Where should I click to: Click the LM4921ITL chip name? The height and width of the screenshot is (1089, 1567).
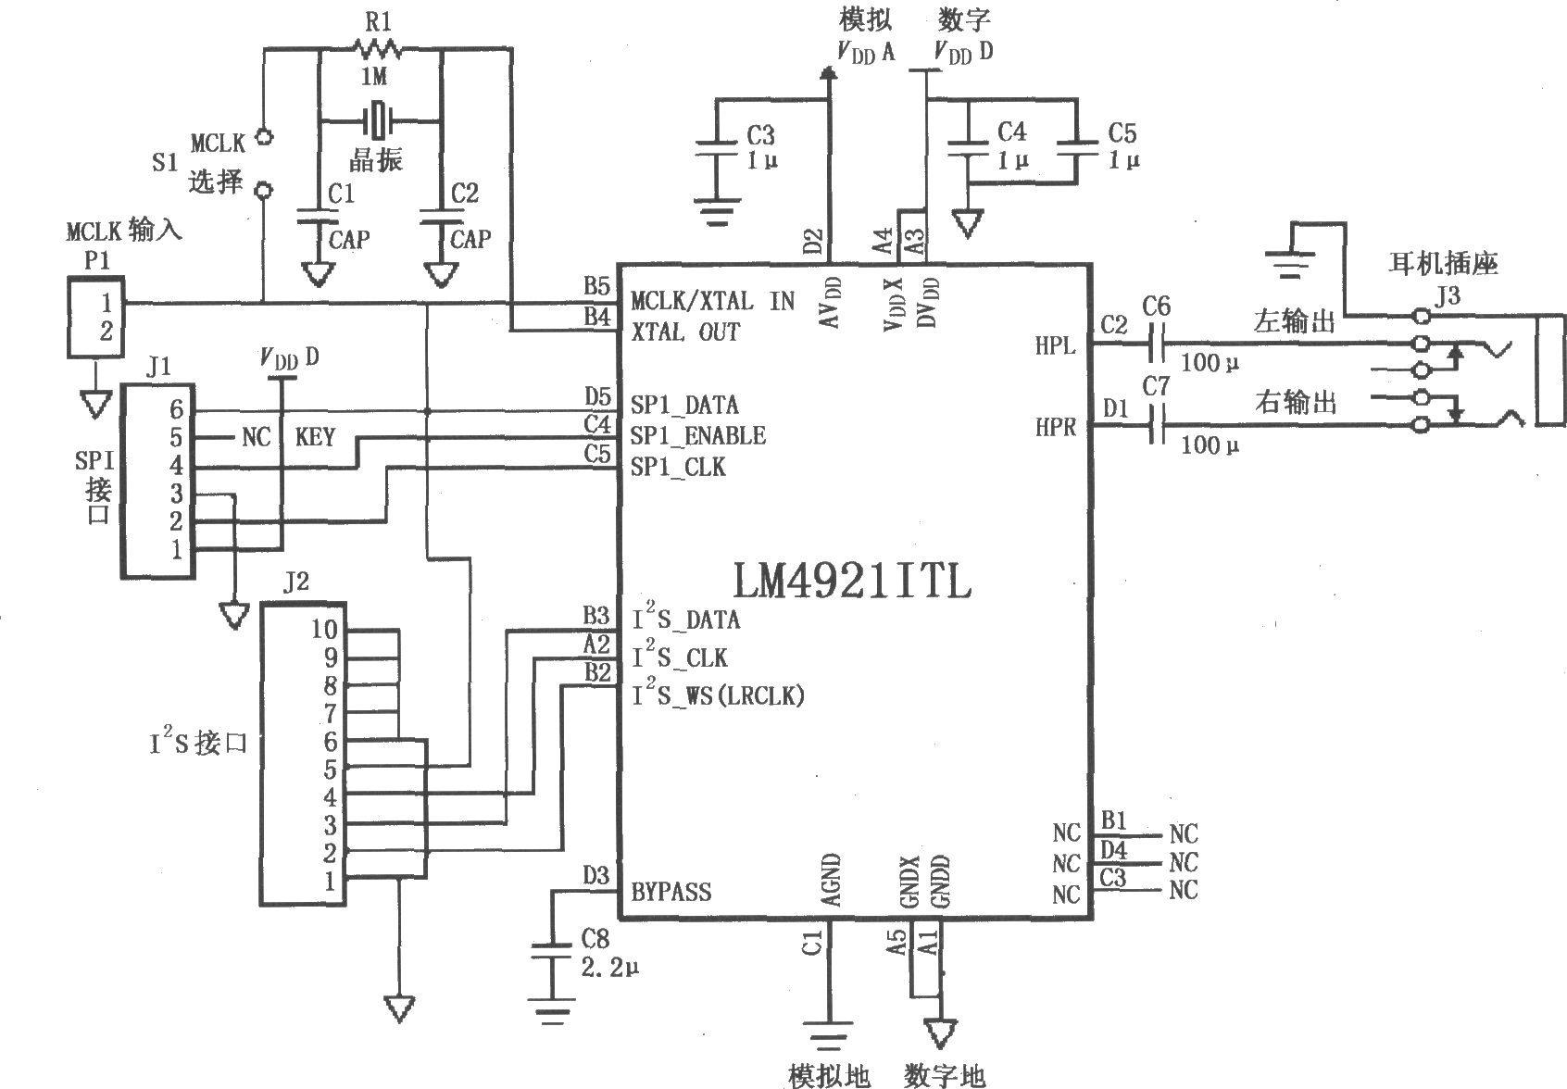point(851,582)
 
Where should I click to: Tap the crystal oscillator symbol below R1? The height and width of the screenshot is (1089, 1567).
point(377,119)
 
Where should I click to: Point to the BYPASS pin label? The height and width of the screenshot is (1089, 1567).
point(671,892)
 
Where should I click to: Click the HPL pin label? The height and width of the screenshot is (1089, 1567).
point(1055,346)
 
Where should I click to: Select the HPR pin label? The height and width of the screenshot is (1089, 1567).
point(1055,428)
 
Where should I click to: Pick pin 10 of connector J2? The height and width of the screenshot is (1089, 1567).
point(324,630)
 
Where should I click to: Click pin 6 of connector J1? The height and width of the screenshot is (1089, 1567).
point(176,409)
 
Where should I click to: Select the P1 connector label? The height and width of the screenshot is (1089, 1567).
point(96,261)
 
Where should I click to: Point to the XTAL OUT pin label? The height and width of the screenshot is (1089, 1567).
point(685,332)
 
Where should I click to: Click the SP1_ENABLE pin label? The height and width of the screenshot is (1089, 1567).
point(697,436)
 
